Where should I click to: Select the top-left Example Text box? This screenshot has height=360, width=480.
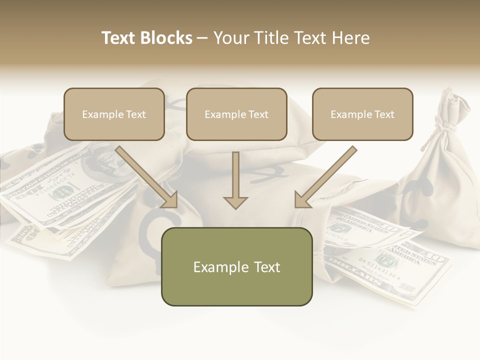(114, 114)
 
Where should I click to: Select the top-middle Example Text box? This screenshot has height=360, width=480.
(236, 114)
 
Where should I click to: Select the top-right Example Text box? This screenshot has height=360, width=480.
(362, 114)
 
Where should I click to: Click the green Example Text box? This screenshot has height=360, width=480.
(236, 266)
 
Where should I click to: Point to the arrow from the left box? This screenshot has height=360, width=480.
(147, 177)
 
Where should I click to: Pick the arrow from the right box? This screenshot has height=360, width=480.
(325, 177)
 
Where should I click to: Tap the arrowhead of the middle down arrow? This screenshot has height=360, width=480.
(235, 202)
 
